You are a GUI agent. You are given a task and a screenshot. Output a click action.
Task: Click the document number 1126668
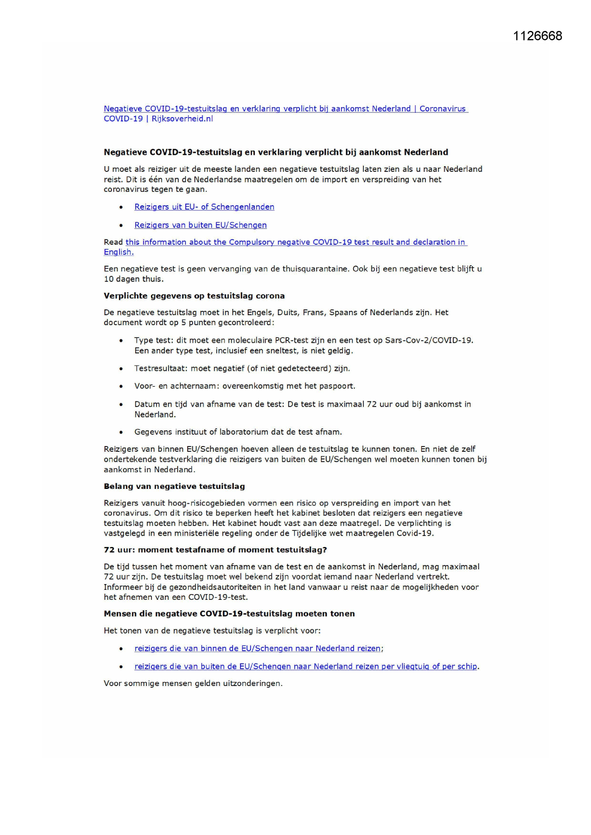point(537,36)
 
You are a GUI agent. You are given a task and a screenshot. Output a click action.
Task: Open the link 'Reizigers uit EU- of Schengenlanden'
point(204,207)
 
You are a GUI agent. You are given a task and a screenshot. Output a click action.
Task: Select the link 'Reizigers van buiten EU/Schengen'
point(200,225)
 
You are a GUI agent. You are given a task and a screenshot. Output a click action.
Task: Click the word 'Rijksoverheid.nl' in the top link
point(182,119)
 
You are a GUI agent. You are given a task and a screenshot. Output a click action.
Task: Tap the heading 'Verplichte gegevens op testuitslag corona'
point(194,296)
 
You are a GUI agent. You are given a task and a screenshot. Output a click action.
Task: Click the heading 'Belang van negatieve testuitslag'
point(174,487)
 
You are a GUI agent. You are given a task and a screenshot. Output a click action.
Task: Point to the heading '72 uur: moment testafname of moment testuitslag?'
point(215,550)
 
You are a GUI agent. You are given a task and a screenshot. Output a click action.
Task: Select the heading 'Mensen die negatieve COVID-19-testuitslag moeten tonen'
point(229,614)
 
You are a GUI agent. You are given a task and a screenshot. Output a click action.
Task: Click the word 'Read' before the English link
point(113,242)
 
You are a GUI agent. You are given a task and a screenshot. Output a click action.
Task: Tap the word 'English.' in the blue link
point(119,252)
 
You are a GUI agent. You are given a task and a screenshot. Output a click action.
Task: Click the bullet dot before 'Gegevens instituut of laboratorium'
point(121,433)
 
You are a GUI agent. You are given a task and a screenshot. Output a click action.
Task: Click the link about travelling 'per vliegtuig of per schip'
point(305,666)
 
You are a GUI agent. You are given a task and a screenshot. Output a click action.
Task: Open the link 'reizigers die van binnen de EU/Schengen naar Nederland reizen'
point(257,648)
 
